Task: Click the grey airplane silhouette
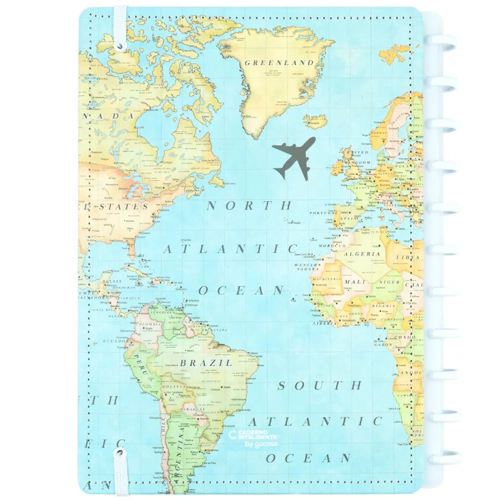(x=294, y=156)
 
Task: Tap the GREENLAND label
(x=279, y=63)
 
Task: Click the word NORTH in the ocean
(x=249, y=205)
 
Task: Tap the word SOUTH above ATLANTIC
(x=319, y=385)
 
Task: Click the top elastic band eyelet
(x=120, y=45)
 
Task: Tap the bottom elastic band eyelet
(x=120, y=455)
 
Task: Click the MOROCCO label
(x=333, y=246)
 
